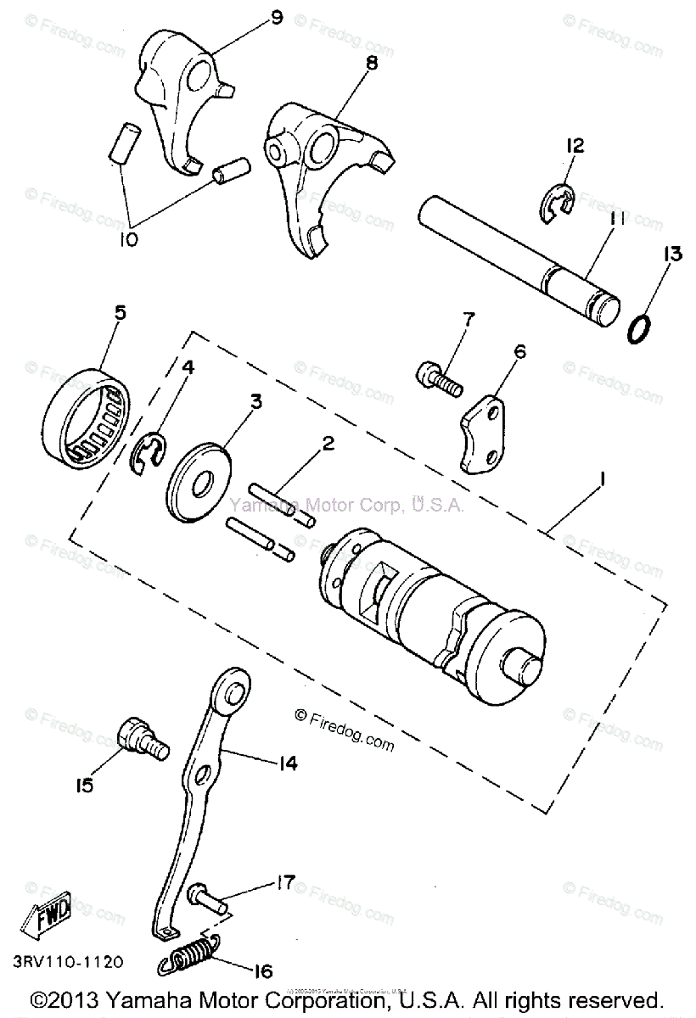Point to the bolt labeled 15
pyautogui.click(x=143, y=736)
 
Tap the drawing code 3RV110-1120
pyautogui.click(x=67, y=962)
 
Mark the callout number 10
pyautogui.click(x=128, y=240)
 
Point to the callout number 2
pyautogui.click(x=327, y=443)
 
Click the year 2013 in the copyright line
pyautogui.click(x=82, y=998)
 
